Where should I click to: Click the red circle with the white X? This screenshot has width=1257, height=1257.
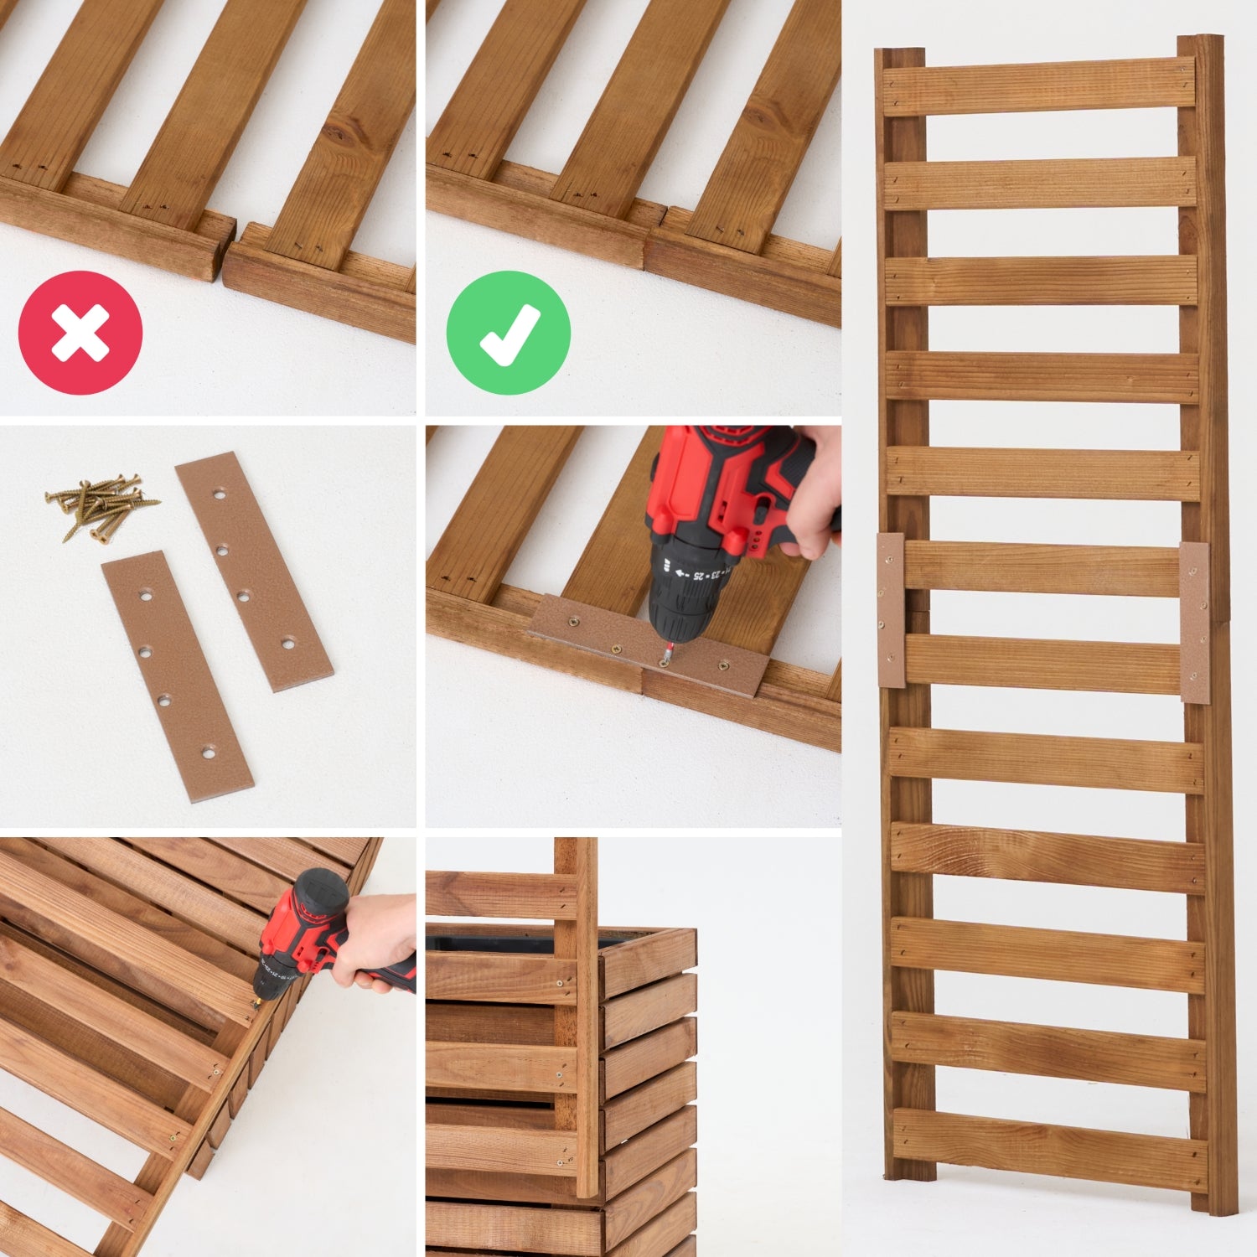[80, 333]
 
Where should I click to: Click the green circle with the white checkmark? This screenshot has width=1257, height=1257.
[508, 333]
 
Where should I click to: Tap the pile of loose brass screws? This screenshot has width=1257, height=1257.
[99, 506]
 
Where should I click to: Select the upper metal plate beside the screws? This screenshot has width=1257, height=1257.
[253, 571]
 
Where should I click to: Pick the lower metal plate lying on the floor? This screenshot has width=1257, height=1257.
[177, 675]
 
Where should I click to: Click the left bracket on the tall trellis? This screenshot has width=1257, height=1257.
[891, 610]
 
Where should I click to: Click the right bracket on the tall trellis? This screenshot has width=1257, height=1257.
[1195, 622]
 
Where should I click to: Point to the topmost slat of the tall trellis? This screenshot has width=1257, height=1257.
[1039, 86]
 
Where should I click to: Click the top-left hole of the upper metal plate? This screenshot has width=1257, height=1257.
[220, 494]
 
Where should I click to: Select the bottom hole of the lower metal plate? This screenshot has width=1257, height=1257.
[208, 747]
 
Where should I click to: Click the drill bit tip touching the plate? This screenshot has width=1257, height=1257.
[665, 660]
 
